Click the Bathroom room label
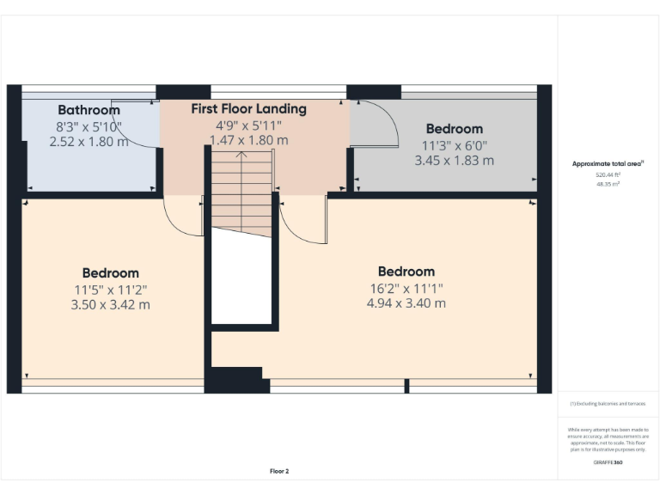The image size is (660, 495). [89, 110]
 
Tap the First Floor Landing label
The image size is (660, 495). [248, 109]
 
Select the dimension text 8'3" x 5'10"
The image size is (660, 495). [89, 126]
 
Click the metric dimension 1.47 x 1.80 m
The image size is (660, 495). [248, 140]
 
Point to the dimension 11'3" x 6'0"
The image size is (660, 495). [454, 145]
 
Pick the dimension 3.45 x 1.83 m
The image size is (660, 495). [454, 160]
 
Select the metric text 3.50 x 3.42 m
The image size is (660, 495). [110, 304]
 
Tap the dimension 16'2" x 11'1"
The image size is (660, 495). [406, 288]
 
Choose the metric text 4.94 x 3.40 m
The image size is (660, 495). [406, 303]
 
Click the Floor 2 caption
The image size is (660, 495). [279, 471]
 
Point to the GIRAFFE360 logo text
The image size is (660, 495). [608, 462]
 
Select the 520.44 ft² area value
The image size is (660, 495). [608, 174]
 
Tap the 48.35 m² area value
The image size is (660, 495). [608, 183]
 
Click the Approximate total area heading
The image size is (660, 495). [608, 163]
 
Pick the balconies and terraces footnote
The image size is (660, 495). [608, 402]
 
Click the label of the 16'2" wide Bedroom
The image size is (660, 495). [406, 272]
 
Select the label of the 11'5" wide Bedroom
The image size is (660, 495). [110, 273]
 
